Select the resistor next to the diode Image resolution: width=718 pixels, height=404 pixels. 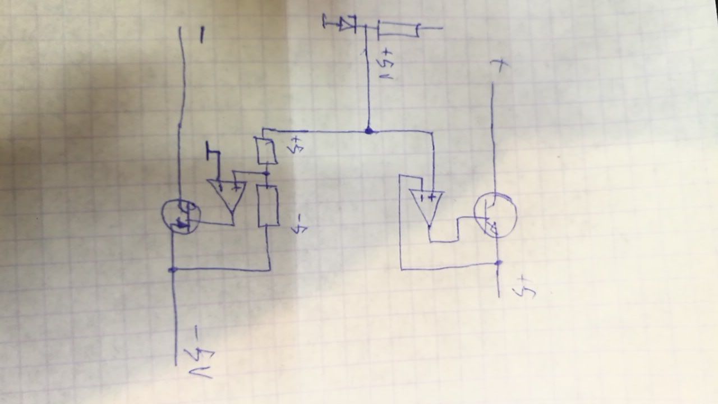(x=398, y=29)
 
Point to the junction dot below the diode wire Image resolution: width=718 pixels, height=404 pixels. (x=369, y=131)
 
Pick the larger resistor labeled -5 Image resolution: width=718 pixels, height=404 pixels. (x=268, y=206)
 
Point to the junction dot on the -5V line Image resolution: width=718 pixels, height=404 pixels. (x=172, y=270)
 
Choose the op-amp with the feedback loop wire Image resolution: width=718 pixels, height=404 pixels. (x=426, y=205)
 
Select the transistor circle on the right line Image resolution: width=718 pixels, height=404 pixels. (x=495, y=215)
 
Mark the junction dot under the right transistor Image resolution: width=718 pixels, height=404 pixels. (x=498, y=262)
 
